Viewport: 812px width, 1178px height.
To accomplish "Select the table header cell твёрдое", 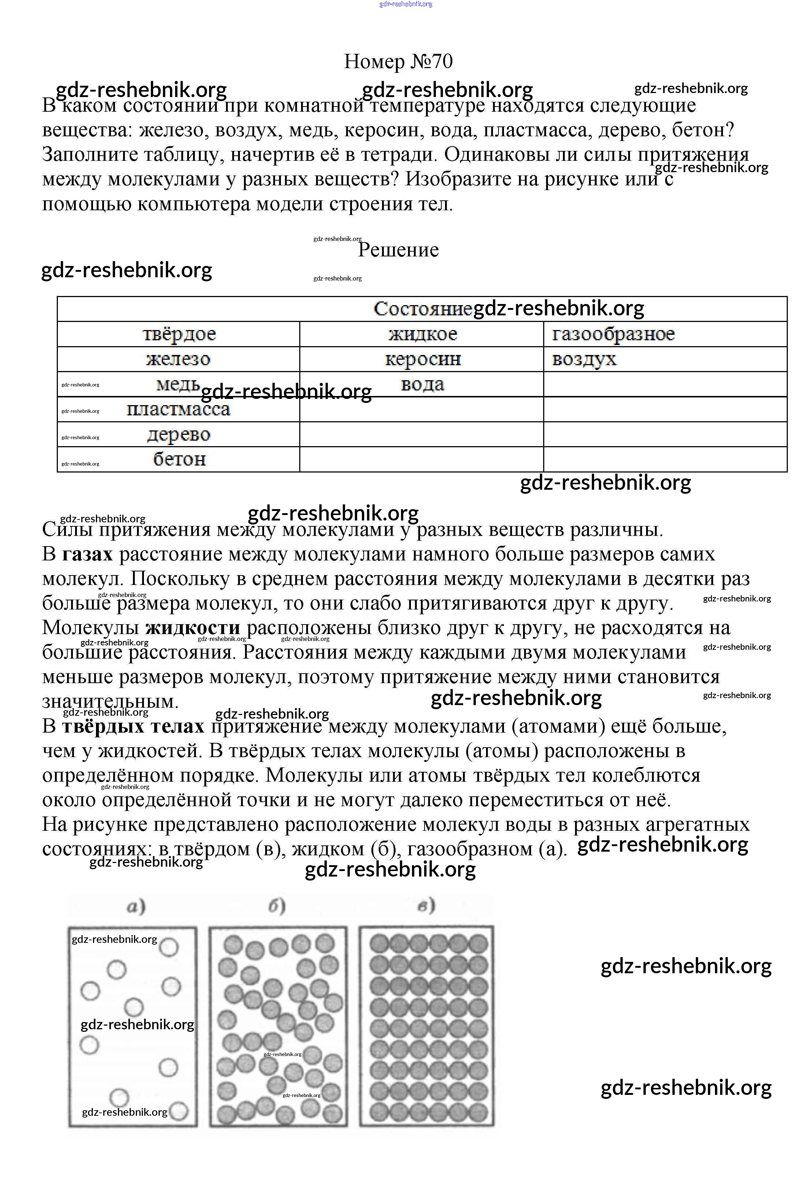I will (x=179, y=334).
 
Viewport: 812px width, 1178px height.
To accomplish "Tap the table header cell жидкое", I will (x=422, y=334).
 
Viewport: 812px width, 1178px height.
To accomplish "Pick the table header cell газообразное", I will (x=613, y=334).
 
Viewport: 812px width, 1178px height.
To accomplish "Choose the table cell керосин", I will (x=422, y=359).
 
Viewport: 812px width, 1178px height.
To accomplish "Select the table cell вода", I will (x=422, y=384).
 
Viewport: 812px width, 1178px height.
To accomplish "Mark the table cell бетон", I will (x=179, y=459).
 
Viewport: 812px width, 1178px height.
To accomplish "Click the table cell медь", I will (x=178, y=384).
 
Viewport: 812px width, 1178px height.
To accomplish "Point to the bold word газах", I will (x=87, y=554).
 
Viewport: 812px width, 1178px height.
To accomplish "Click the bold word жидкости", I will (x=192, y=628).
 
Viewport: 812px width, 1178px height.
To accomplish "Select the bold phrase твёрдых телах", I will (x=133, y=726).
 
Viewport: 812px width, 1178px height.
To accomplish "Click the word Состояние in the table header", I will (x=422, y=309).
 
